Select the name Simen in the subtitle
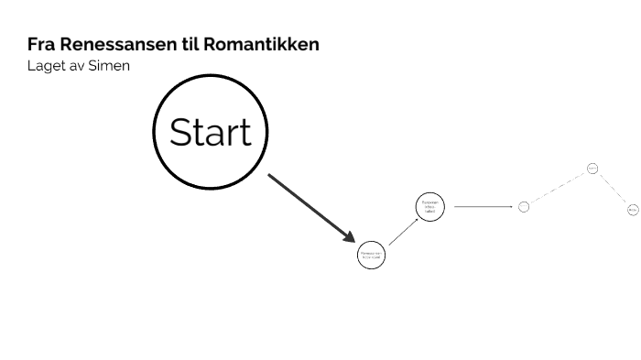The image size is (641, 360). [x=110, y=67]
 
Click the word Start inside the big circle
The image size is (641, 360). [x=210, y=132]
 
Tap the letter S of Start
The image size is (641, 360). [x=180, y=132]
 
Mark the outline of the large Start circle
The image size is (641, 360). [x=210, y=76]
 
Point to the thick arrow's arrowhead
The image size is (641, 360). [x=349, y=237]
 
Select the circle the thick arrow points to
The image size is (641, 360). [x=371, y=255]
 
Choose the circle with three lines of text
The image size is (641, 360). [x=430, y=207]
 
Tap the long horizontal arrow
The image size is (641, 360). [x=483, y=206]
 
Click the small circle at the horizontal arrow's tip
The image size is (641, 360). [x=524, y=206]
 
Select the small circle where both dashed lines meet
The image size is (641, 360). [x=592, y=169]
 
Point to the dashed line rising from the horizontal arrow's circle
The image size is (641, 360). [x=558, y=188]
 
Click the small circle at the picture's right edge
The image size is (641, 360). [x=633, y=210]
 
